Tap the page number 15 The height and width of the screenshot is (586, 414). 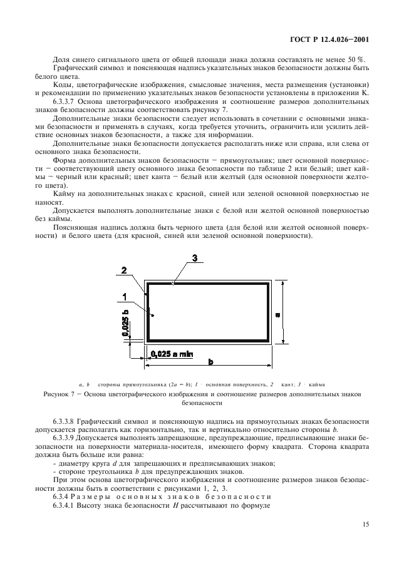[365, 525]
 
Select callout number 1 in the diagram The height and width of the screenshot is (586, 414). [125, 296]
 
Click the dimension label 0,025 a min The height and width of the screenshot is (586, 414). [172, 354]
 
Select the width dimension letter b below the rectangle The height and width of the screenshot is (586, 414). [210, 362]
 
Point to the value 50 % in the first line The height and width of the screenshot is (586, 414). [359, 59]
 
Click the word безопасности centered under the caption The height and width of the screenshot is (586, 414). [206, 404]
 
